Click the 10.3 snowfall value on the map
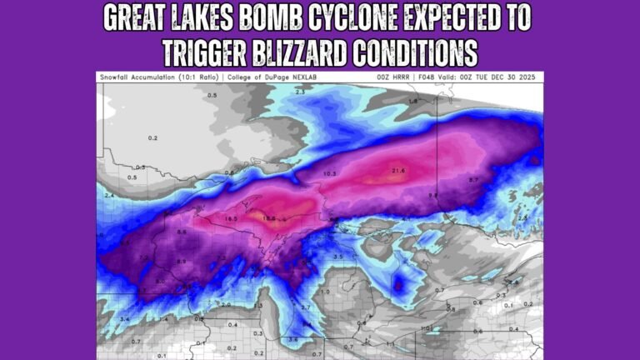tap(329, 173)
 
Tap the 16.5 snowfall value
tap(232, 218)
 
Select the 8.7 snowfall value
tap(473, 180)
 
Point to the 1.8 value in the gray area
tap(413, 101)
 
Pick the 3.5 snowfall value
tap(337, 257)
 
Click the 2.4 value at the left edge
tap(108, 195)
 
